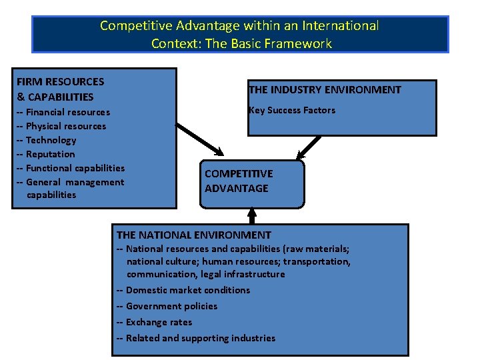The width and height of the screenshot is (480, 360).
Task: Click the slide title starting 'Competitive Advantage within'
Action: point(239,35)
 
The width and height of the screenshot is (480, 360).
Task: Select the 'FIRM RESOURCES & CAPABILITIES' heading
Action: point(60,89)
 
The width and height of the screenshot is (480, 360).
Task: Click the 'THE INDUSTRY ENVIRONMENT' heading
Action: point(325,90)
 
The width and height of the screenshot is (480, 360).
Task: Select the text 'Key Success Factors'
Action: point(291,110)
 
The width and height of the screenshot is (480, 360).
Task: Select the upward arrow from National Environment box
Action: point(252,215)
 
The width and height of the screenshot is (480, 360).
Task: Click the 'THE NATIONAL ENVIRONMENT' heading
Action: point(193,235)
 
